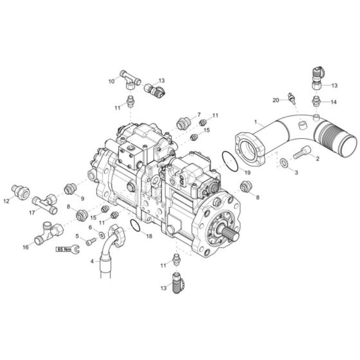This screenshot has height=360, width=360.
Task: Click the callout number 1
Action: pos(256,120)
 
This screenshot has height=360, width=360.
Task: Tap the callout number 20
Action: pos(275,100)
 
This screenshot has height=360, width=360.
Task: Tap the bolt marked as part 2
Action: pos(303,152)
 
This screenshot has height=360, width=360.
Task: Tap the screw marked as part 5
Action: pos(90,240)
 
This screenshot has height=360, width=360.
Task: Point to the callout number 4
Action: pos(92,261)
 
